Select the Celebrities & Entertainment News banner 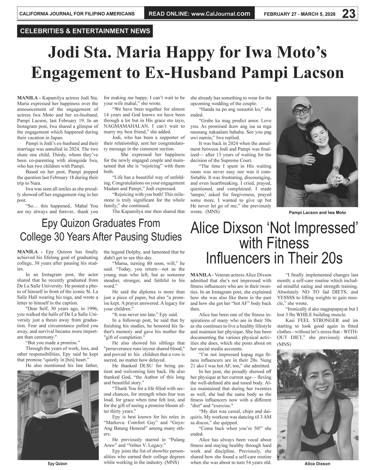(85, 31)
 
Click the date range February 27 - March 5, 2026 (300, 14)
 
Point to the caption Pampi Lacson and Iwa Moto (317, 213)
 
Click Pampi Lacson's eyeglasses (301, 111)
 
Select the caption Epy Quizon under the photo (57, 463)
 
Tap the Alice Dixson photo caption (317, 464)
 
